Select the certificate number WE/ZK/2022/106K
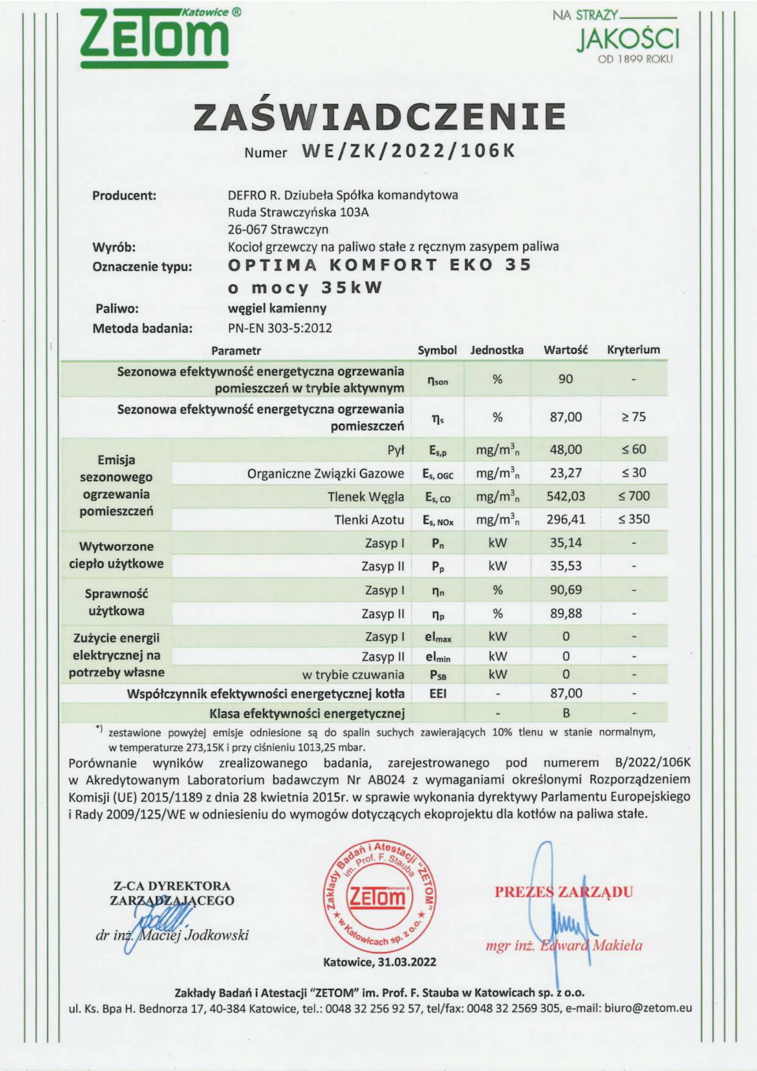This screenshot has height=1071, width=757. tap(408, 151)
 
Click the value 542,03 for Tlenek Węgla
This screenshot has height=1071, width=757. tap(566, 496)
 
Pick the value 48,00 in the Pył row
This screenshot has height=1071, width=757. tap(566, 449)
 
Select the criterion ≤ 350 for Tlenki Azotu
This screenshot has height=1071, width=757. tap(634, 519)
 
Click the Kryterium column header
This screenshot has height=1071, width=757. tap(633, 350)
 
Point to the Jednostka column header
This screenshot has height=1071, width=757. tap(497, 350)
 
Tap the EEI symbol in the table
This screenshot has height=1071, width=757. tap(438, 694)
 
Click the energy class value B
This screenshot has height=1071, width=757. tap(566, 713)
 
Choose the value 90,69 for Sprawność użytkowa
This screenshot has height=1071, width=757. tap(566, 590)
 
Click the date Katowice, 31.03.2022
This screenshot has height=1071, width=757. tap(380, 962)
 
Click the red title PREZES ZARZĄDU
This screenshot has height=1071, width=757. tap(564, 892)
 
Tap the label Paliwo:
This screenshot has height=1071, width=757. tap(117, 309)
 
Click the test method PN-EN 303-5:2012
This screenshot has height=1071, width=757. tap(280, 329)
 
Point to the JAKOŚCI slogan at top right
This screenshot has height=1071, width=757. tap(628, 40)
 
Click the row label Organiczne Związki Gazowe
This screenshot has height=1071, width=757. tap(325, 474)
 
